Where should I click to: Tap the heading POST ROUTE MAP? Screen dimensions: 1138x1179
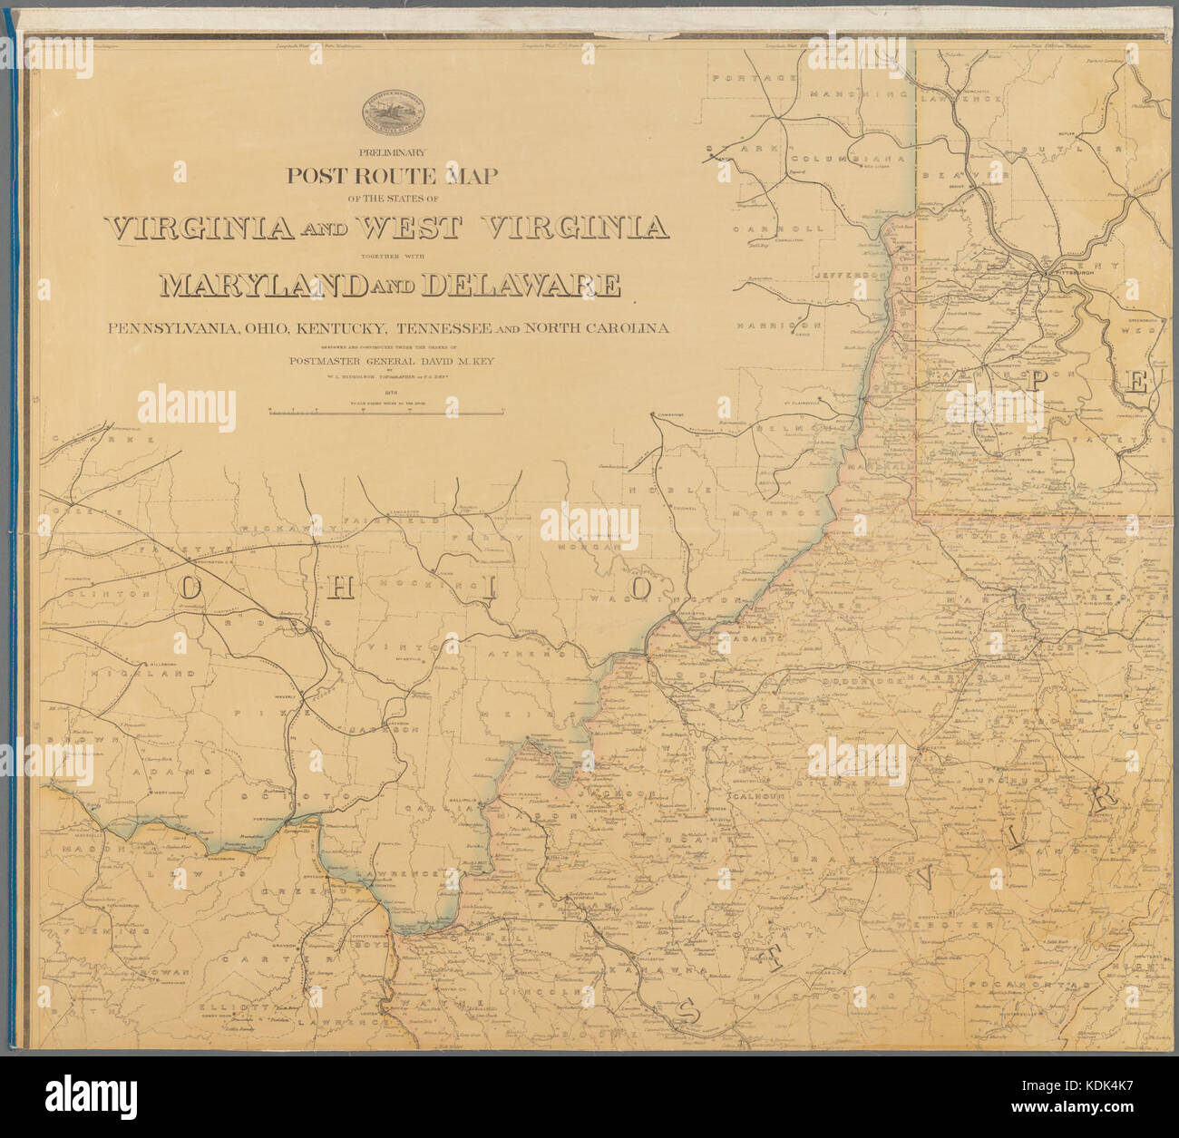point(392,176)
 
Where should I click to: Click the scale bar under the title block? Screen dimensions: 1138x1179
point(386,413)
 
